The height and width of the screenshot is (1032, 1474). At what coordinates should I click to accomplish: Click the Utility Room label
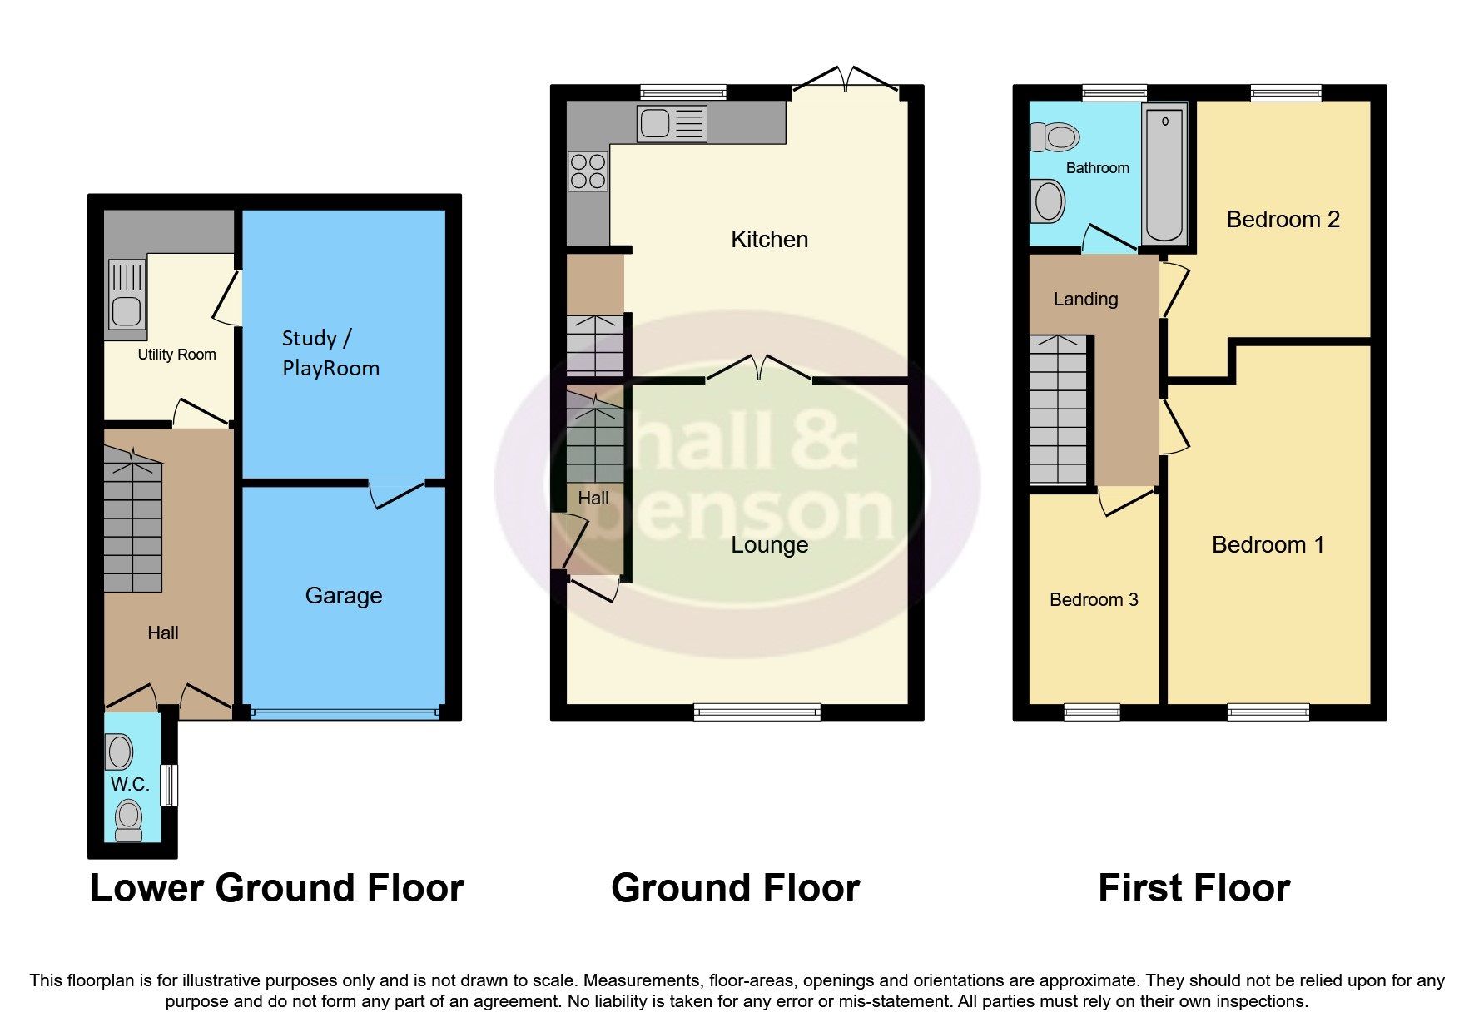176,355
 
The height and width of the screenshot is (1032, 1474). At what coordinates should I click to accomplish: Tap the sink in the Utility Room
127,295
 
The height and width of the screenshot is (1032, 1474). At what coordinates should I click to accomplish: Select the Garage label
343,596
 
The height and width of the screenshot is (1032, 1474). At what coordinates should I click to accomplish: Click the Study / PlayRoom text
330,353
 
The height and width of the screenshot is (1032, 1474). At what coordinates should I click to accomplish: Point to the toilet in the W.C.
128,820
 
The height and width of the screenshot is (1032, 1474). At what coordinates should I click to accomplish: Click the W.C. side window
169,785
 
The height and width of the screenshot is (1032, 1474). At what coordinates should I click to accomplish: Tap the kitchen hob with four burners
588,171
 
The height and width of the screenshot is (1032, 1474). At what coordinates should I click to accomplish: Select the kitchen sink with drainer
672,124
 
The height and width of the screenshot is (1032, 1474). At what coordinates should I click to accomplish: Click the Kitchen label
769,240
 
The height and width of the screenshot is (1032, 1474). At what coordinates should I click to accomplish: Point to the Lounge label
769,545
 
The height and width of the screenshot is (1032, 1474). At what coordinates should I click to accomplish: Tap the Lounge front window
757,712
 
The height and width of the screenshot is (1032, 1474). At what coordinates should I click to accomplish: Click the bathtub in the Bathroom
1164,175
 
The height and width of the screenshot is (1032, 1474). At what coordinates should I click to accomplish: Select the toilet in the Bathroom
1055,136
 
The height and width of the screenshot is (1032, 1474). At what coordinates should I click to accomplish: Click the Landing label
1085,300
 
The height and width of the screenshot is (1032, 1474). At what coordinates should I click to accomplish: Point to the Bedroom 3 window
1092,712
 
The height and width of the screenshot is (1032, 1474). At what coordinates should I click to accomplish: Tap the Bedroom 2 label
1283,220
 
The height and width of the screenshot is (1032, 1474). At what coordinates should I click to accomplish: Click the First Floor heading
1194,888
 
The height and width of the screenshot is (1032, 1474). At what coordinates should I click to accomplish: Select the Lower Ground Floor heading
276,888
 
